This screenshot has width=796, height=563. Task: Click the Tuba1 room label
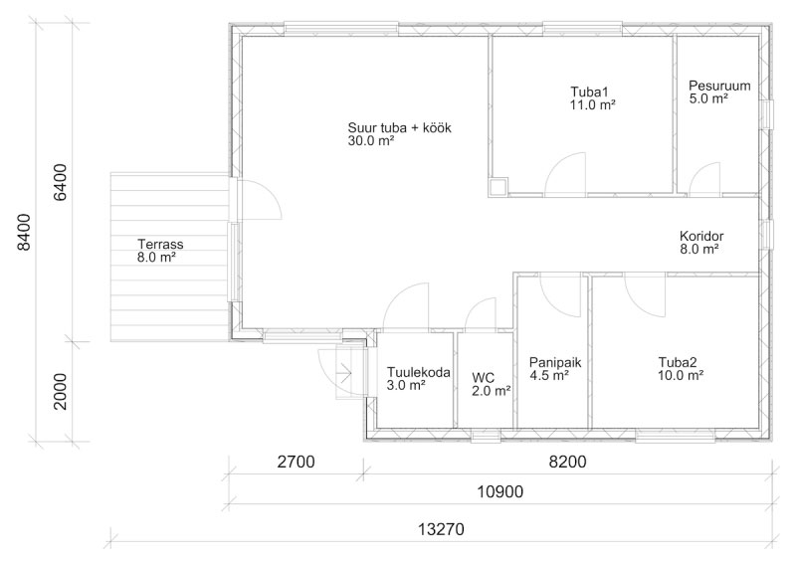pos(589,92)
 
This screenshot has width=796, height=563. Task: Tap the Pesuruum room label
pos(719,86)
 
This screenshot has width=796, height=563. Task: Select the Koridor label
pos(701,236)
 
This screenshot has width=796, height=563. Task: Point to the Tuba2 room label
pos(678,362)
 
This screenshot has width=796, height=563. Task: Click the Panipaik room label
pos(555,362)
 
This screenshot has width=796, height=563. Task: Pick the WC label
pos(484,378)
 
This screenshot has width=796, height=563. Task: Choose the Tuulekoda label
pos(418,372)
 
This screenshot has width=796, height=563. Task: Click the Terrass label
pos(160,244)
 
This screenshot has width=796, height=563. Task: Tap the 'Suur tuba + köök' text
pos(400,127)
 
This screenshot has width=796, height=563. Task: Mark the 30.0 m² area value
pos(371,140)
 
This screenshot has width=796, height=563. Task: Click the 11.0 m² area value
pos(593,105)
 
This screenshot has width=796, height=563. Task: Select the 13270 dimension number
pos(441,529)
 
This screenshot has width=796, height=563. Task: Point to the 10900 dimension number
pos(500,491)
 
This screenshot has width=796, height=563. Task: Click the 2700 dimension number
pos(296,462)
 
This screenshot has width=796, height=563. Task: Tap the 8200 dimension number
pos(567,462)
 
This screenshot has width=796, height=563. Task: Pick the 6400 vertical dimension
pos(60,182)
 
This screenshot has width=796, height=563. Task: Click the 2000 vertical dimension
pos(60,391)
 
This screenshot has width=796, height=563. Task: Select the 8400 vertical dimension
pos(23,232)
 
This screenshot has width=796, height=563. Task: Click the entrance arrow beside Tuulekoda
pos(344,373)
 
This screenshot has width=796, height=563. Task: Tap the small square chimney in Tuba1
pos(498,187)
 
